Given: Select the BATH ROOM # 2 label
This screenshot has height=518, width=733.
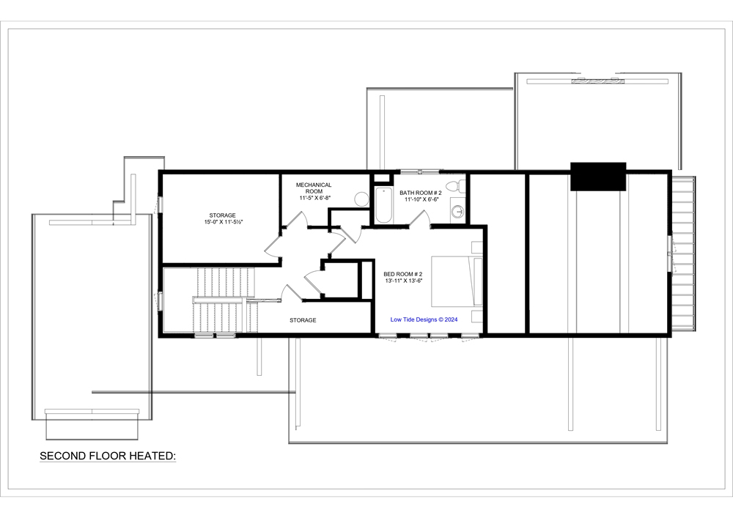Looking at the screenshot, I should pyautogui.click(x=419, y=192).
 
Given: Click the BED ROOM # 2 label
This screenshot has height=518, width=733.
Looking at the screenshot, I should pyautogui.click(x=402, y=274).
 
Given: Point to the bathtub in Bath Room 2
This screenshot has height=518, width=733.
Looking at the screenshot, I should pyautogui.click(x=383, y=205).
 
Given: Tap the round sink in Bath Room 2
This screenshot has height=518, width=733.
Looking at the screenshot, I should pyautogui.click(x=457, y=212).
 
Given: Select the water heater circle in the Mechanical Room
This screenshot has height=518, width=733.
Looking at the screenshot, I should pyautogui.click(x=361, y=199).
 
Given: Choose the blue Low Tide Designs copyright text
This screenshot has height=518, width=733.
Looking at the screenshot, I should pyautogui.click(x=424, y=319).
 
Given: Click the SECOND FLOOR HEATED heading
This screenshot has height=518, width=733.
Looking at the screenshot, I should pyautogui.click(x=108, y=456).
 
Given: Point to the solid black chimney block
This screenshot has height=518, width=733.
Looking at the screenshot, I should pyautogui.click(x=598, y=177).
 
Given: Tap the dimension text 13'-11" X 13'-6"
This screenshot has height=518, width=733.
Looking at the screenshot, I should pyautogui.click(x=402, y=281).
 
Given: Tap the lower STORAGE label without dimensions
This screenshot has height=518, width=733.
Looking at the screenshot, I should pyautogui.click(x=302, y=320).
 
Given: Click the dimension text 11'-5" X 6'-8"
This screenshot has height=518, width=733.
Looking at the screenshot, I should pyautogui.click(x=314, y=199).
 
